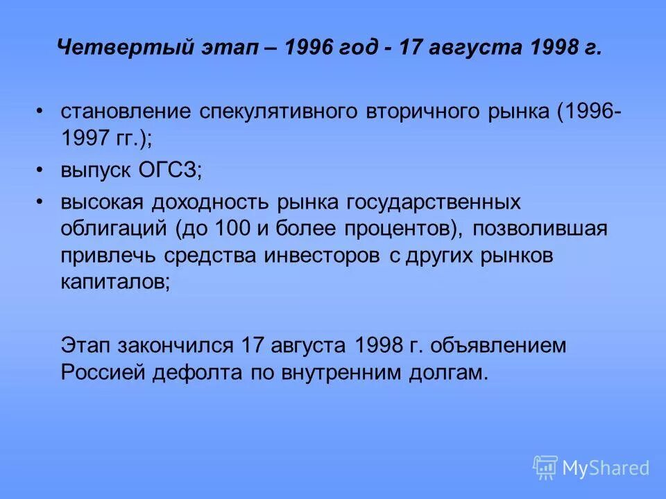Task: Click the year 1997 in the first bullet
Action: click(82, 138)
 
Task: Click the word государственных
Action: click(430, 202)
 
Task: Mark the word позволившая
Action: click(538, 228)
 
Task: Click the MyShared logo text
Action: click(605, 468)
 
